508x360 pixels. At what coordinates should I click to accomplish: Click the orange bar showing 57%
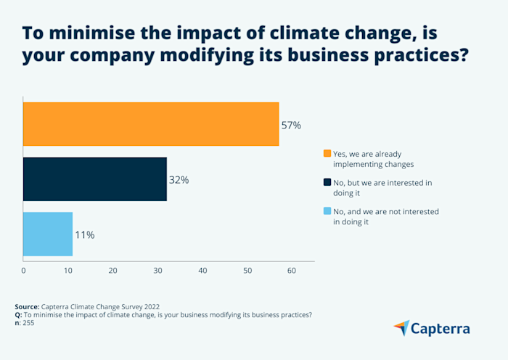click(151, 124)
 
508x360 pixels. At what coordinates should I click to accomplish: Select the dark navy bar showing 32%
click(95, 179)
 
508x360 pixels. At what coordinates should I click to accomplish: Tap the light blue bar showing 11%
click(48, 234)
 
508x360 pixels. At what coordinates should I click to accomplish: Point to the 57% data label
click(291, 125)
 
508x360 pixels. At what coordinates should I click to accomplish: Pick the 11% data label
click(84, 235)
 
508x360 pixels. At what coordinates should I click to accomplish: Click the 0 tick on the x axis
click(23, 271)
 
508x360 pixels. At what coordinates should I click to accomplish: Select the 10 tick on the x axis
click(68, 271)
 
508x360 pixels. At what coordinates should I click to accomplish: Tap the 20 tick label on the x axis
click(112, 271)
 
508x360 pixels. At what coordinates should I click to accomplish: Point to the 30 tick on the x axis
click(157, 271)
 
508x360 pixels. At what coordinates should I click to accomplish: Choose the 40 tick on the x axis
click(202, 271)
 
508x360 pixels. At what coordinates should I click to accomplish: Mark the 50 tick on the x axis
click(247, 271)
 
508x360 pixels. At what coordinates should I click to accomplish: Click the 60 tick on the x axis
click(292, 271)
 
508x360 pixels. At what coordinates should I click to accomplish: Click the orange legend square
click(327, 154)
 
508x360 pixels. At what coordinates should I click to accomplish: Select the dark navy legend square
click(327, 183)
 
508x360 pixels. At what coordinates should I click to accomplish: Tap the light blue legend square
click(327, 212)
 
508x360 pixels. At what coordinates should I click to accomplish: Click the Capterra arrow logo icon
click(401, 328)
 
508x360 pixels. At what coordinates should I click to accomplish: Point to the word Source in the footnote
click(27, 306)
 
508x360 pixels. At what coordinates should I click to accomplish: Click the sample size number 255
click(28, 323)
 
